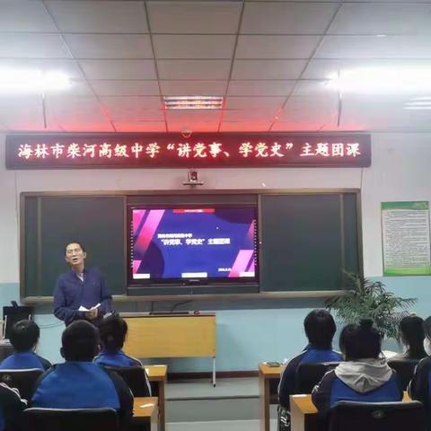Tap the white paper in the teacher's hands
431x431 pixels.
click(89, 308)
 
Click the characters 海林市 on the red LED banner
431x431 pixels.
click(38, 152)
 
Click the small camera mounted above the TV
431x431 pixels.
click(193, 178)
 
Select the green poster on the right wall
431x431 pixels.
click(405, 238)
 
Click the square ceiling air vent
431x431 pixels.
click(193, 102)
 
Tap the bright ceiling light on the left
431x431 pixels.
click(36, 81)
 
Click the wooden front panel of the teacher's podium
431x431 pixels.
click(170, 338)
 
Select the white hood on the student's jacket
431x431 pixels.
click(364, 372)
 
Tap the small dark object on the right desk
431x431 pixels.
click(272, 364)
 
